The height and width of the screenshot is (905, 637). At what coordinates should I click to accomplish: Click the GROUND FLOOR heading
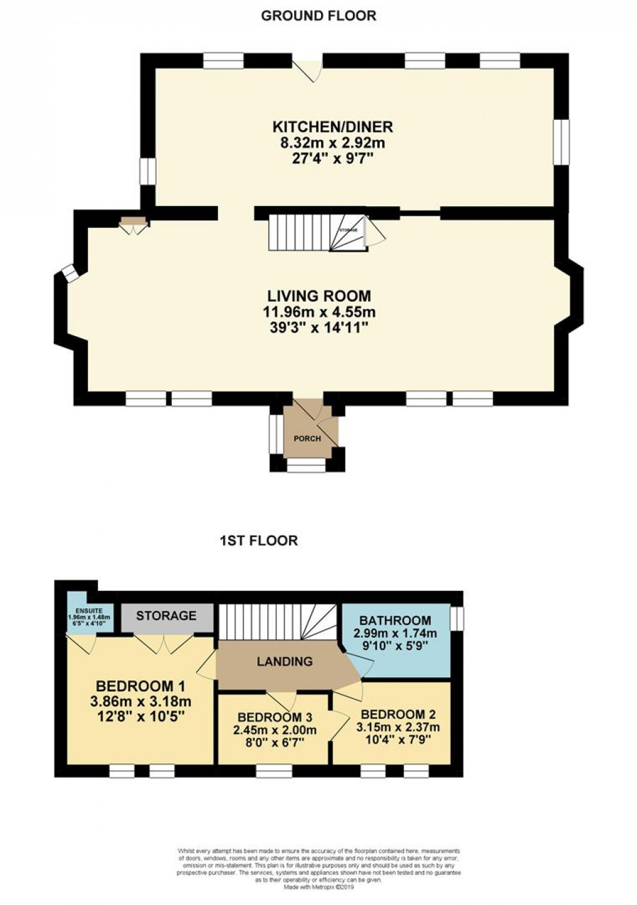click(318, 16)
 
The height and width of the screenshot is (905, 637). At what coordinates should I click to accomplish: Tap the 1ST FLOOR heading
click(259, 540)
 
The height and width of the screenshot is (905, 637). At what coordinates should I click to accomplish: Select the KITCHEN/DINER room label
click(332, 127)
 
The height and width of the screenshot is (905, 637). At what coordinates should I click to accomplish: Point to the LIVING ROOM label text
click(319, 295)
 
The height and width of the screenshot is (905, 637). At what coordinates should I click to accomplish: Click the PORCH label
click(307, 438)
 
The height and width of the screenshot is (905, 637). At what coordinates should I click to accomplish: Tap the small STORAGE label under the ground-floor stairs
click(348, 230)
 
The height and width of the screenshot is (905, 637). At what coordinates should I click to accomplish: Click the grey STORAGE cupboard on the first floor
click(166, 616)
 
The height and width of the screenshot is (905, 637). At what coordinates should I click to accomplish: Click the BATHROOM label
click(395, 620)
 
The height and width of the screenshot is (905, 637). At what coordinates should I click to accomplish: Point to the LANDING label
click(284, 661)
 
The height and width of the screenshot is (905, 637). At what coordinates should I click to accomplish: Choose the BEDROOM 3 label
click(275, 717)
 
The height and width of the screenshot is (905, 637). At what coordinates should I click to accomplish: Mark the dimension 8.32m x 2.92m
click(332, 142)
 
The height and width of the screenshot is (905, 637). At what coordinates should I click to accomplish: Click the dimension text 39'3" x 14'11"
click(319, 327)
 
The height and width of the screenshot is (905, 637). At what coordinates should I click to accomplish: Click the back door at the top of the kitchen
click(307, 66)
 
